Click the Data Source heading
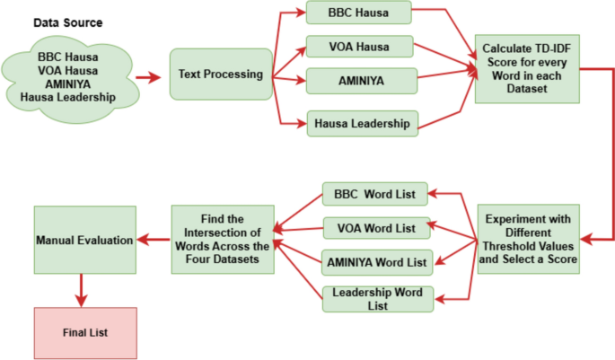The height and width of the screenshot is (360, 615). click(x=67, y=22)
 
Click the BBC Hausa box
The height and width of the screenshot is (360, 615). click(x=357, y=13)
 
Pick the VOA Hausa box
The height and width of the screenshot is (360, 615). click(x=357, y=46)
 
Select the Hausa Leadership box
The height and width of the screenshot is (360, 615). click(x=362, y=122)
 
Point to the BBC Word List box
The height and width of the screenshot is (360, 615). click(x=373, y=193)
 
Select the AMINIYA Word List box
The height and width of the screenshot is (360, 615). click(x=378, y=262)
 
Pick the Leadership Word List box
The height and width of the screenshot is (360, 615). click(x=378, y=299)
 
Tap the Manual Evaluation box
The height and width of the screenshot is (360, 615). click(x=84, y=241)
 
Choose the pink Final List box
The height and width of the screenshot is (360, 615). click(x=84, y=332)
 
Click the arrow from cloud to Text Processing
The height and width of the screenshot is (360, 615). click(x=147, y=77)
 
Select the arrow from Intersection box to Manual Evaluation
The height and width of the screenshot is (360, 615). click(x=154, y=240)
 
